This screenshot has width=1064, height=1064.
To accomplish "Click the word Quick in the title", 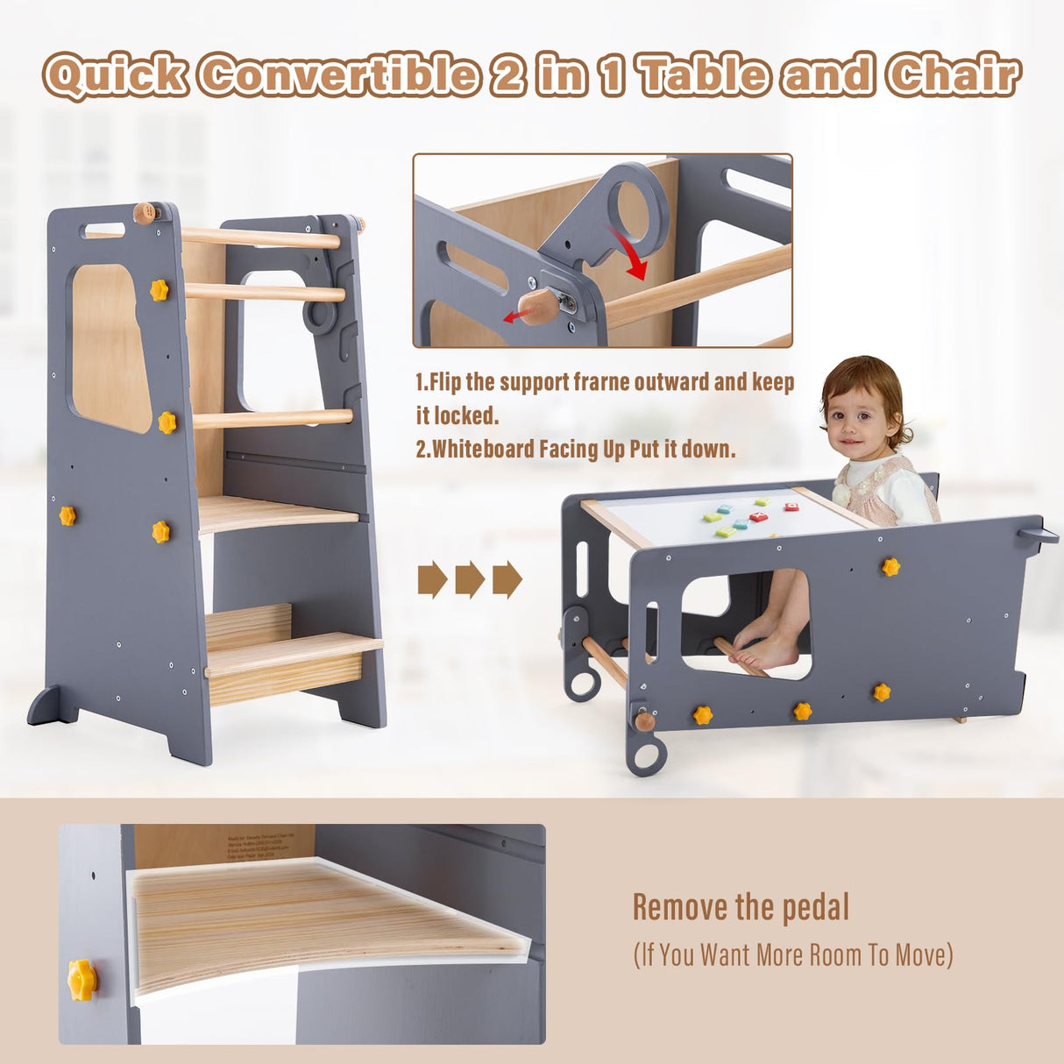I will tap(115, 75).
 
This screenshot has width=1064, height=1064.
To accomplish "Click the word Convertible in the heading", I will tap(338, 75).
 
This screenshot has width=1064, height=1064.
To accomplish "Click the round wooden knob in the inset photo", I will tap(538, 306).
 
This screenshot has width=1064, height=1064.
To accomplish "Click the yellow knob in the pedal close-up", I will tap(82, 980).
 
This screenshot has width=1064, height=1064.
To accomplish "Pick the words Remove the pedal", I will tap(741, 908).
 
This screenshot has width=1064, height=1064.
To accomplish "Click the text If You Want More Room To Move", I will tap(792, 954).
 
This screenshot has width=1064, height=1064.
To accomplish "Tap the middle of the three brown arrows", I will tap(470, 579).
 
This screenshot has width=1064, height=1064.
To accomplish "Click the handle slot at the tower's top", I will tap(103, 231).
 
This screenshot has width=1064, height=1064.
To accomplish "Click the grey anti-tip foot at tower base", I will tap(51, 706).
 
